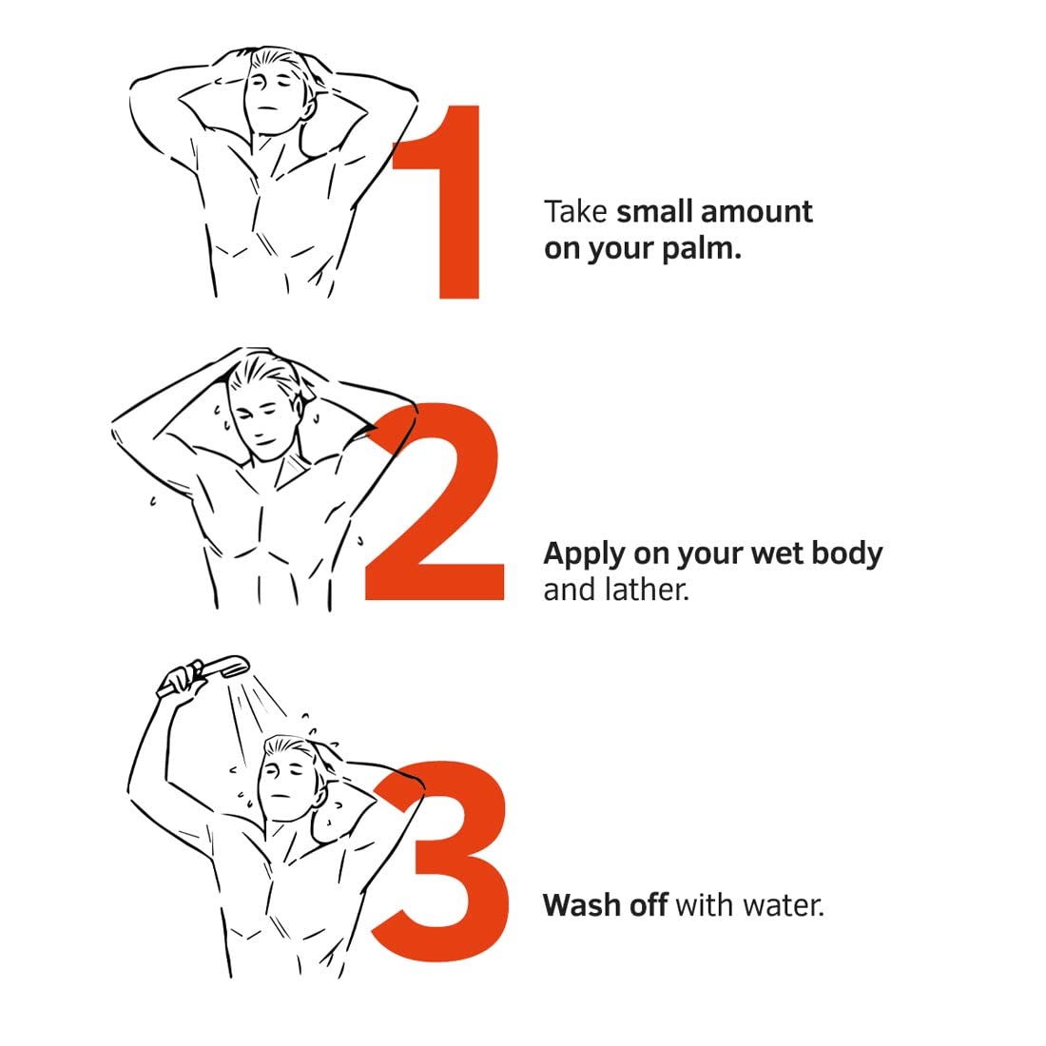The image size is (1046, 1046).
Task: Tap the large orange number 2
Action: (x=434, y=502)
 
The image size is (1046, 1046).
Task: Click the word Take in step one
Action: (x=575, y=212)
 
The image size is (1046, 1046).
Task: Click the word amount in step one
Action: (x=757, y=212)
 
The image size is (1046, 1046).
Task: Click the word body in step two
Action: (x=846, y=555)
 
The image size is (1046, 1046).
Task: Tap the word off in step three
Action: (x=649, y=905)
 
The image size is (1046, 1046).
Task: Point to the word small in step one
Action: (x=655, y=212)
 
